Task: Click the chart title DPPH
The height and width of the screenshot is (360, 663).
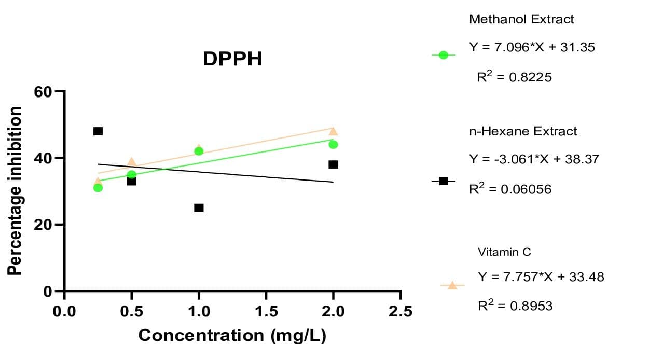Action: click(232, 59)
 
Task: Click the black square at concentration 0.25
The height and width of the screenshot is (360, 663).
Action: click(98, 131)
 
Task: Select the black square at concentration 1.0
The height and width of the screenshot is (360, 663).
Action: click(199, 207)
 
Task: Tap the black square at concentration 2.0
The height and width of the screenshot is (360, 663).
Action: click(333, 164)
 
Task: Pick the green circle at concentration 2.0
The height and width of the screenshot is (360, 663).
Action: click(333, 144)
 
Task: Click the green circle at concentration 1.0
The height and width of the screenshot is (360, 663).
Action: click(199, 151)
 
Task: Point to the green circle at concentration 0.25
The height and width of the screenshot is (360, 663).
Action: click(98, 187)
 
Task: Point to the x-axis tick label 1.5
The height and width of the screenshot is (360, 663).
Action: click(266, 311)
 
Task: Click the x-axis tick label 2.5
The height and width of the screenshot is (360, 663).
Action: click(400, 311)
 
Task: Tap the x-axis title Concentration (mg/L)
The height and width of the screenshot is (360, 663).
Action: click(232, 335)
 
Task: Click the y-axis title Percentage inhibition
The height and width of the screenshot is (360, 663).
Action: click(15, 190)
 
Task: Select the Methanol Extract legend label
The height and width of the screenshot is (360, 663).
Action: click(521, 19)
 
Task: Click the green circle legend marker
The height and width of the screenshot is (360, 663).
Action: click(443, 55)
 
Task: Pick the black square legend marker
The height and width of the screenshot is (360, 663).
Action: click(443, 181)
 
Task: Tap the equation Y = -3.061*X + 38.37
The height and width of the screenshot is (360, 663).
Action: click(534, 159)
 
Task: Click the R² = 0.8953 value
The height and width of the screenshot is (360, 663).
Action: click(515, 306)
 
